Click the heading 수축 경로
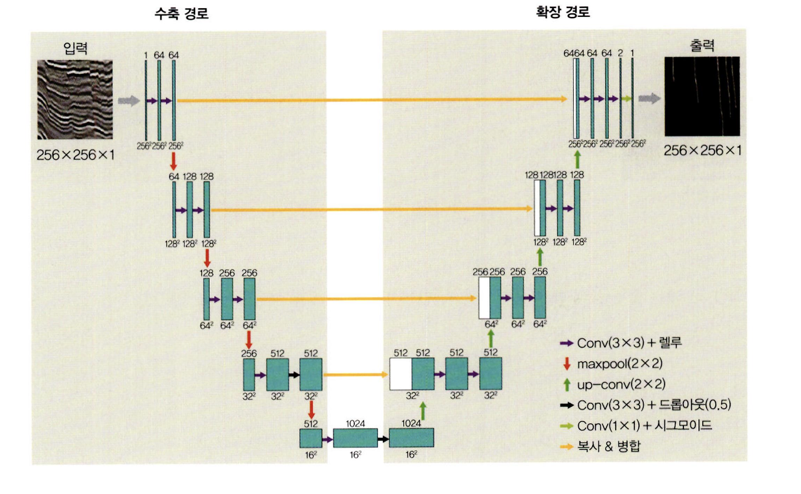pyautogui.click(x=181, y=14)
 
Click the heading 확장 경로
pyautogui.click(x=563, y=12)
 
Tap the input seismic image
pyautogui.click(x=75, y=99)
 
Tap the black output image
pyautogui.click(x=702, y=96)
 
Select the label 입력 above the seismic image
pyautogui.click(x=76, y=48)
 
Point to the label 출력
pyautogui.click(x=702, y=46)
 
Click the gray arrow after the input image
pyautogui.click(x=129, y=101)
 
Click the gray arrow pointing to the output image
pyautogui.click(x=650, y=98)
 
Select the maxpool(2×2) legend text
pyautogui.click(x=620, y=363)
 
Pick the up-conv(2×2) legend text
pyautogui.click(x=621, y=385)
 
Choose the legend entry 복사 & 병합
pyautogui.click(x=609, y=446)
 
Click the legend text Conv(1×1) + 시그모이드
pyautogui.click(x=645, y=425)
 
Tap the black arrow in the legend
pyautogui.click(x=567, y=405)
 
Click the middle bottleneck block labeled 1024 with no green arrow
pyautogui.click(x=355, y=438)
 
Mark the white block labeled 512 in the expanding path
pyautogui.click(x=401, y=374)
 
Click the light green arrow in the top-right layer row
pyautogui.click(x=626, y=99)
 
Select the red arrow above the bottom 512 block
pyautogui.click(x=311, y=410)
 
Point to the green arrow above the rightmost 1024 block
pyautogui.click(x=423, y=411)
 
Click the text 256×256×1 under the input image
pyautogui.click(x=76, y=155)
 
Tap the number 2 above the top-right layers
pyautogui.click(x=620, y=53)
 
